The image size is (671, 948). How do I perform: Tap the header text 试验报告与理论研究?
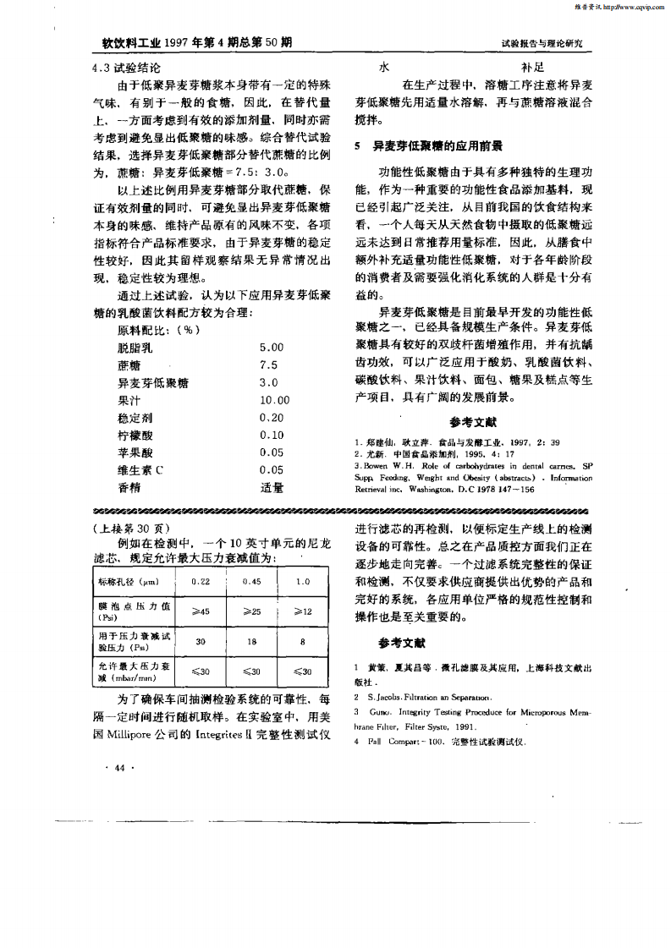[x=547, y=42]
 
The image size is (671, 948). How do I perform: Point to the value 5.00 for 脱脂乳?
[x=272, y=347]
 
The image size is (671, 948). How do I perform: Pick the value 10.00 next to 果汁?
[x=274, y=400]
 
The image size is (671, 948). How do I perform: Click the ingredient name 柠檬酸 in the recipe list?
[x=135, y=435]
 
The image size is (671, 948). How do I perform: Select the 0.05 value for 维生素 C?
[x=272, y=470]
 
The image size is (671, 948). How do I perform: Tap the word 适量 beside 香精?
[x=272, y=488]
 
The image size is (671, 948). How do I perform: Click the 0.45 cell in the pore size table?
[x=251, y=581]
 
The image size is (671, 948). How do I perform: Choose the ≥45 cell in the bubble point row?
[x=201, y=611]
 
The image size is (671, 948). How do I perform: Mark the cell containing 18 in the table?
[x=251, y=641]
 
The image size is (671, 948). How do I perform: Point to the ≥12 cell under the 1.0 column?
[x=302, y=611]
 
